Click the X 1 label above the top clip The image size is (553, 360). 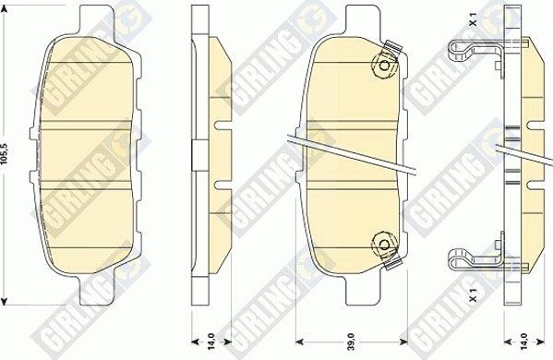[473, 19]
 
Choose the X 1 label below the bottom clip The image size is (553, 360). [473, 294]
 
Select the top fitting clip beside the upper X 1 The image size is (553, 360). [471, 51]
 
